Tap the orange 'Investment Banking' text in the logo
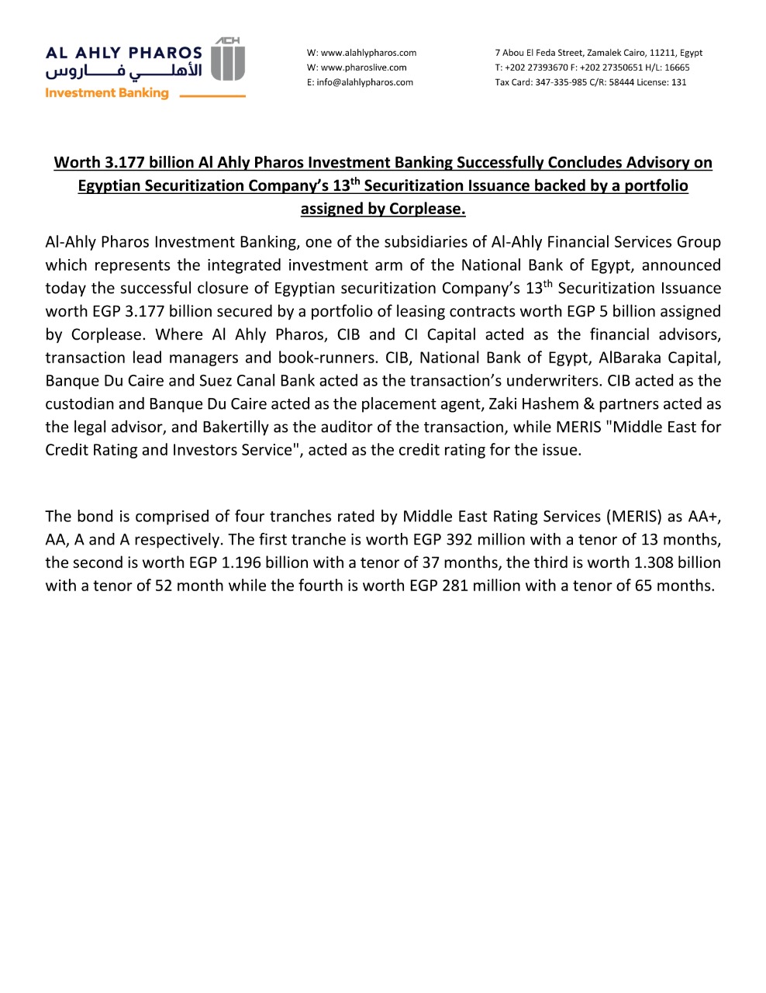tap(107, 93)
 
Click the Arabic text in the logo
tap(124, 71)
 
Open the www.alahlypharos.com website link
tap(368, 53)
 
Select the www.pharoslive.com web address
tap(364, 67)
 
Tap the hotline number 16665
tap(677, 67)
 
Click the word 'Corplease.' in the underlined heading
tap(427, 209)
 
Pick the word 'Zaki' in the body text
tap(505, 404)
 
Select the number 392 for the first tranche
tap(459, 540)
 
